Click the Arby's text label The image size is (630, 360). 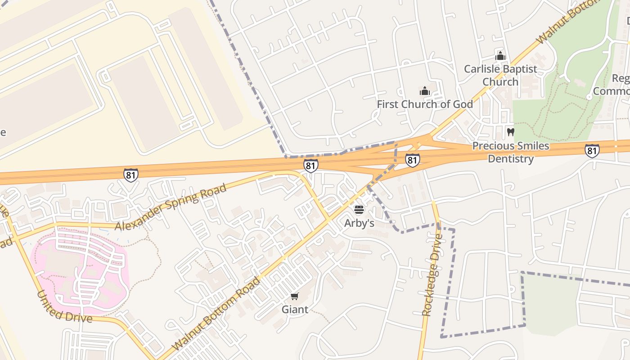point(359,223)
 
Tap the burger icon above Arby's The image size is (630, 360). point(359,210)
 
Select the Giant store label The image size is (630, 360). point(295,309)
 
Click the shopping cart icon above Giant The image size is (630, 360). point(294,296)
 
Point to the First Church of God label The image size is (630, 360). point(424,104)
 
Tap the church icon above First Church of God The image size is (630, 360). point(424,91)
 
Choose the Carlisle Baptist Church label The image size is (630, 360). point(500,75)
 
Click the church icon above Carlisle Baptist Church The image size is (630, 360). point(500,56)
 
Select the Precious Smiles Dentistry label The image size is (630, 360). point(510,152)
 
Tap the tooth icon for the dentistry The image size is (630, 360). point(510,132)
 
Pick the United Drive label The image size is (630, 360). point(64,308)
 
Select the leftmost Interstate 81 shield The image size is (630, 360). point(130,175)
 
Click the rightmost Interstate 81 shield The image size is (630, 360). point(592,151)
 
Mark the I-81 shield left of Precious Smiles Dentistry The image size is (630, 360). point(412,160)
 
